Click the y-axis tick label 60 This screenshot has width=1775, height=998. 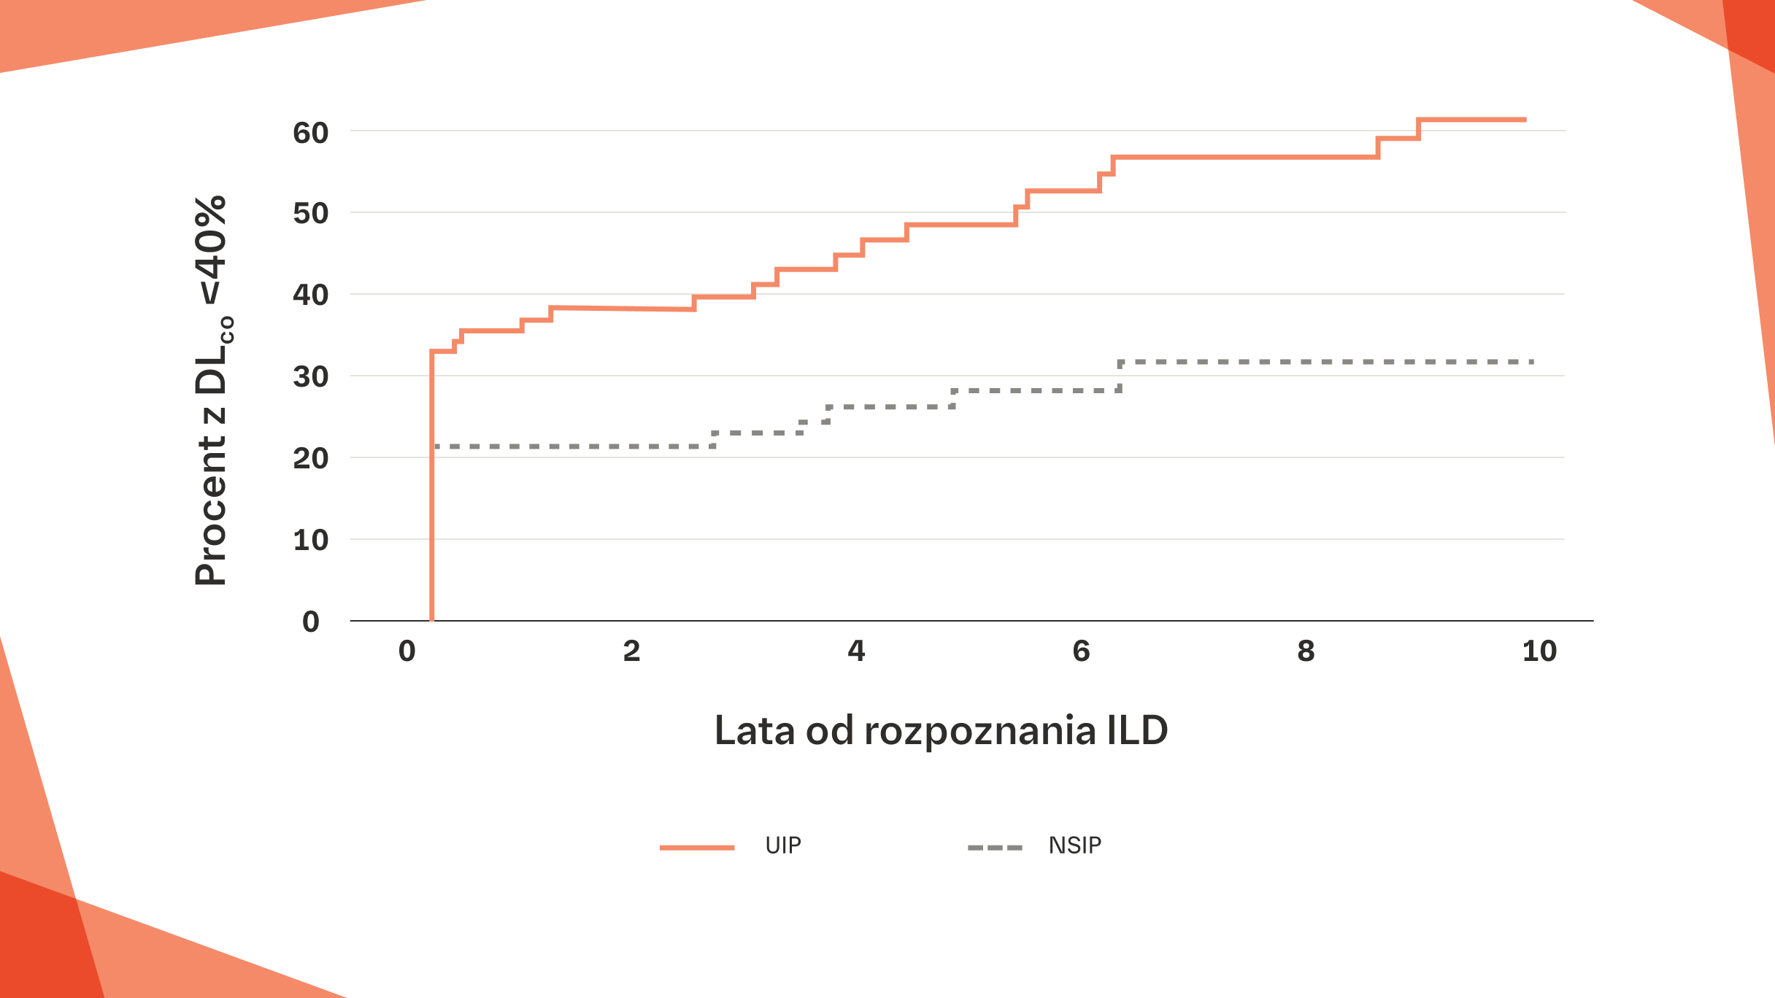coord(310,133)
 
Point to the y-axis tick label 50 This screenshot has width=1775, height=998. coord(310,214)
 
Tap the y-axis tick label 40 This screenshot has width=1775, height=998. coord(310,295)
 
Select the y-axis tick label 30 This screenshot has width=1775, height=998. coord(310,377)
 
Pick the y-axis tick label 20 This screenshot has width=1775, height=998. coord(310,459)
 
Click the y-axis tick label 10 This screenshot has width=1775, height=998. coord(310,541)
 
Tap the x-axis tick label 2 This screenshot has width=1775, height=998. coord(631,651)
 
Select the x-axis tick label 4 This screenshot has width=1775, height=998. coord(856,651)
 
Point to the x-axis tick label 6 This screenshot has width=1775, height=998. coord(1081,651)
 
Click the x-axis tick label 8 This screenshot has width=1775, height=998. coord(1306,651)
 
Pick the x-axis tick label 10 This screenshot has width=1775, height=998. coord(1539,651)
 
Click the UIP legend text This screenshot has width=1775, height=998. coord(783,846)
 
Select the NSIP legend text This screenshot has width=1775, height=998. coord(1075,846)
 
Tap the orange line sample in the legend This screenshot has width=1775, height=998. coord(697,848)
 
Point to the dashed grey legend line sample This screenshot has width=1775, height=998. coord(995,848)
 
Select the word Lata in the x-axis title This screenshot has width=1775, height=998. coord(755,730)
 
